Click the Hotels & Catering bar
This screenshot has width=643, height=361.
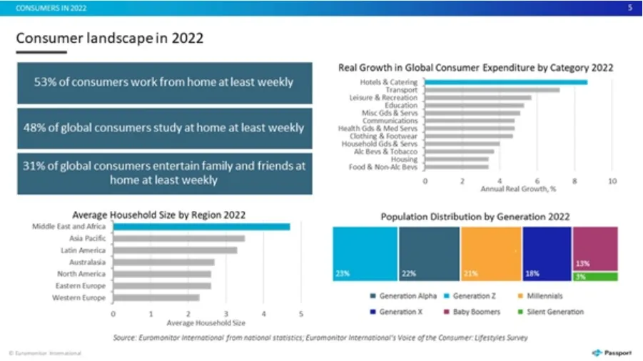pyautogui.click(x=506, y=82)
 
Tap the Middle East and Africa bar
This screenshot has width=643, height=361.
pyautogui.click(x=201, y=227)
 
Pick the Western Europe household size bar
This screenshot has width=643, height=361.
pyautogui.click(x=156, y=297)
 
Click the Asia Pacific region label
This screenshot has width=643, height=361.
pyautogui.click(x=87, y=239)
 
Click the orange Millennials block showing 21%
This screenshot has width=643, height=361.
pyautogui.click(x=490, y=254)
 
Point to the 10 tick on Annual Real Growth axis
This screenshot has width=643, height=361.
pyautogui.click(x=612, y=182)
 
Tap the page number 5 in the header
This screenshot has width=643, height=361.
pyautogui.click(x=629, y=8)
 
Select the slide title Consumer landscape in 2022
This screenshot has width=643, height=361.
pyautogui.click(x=110, y=38)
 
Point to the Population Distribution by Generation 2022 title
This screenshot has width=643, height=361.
pyautogui.click(x=475, y=216)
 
